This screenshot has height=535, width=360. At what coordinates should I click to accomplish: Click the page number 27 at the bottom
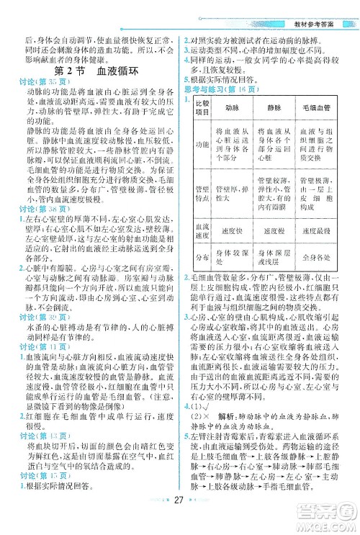(x=181, y=522)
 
